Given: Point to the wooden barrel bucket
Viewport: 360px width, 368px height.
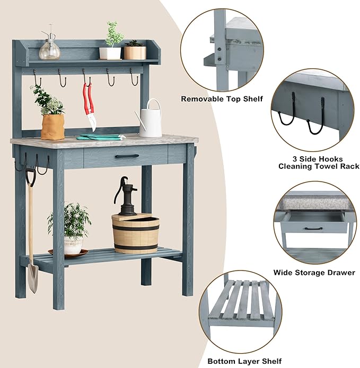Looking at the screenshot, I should [135, 233].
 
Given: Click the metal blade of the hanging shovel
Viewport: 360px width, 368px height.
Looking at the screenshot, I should [33, 278].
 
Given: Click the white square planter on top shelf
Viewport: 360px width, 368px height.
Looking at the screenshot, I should [110, 52].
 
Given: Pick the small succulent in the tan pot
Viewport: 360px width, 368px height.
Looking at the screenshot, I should [134, 50].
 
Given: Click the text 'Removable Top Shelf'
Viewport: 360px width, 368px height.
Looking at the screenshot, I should [222, 99].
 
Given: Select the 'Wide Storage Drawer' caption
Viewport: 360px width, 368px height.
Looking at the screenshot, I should [314, 273].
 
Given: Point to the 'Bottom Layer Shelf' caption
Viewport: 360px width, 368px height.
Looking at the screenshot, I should [244, 361].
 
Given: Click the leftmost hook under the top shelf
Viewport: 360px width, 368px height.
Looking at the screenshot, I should [37, 79].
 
